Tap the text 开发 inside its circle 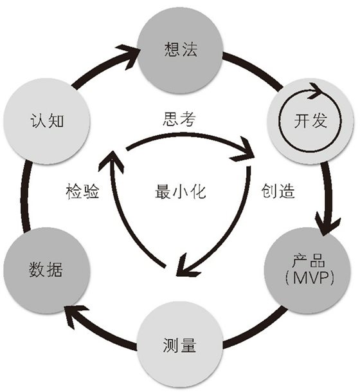click(311, 121)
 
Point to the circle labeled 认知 click(46, 121)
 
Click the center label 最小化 click(181, 191)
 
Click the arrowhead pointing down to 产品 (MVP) click(328, 225)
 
